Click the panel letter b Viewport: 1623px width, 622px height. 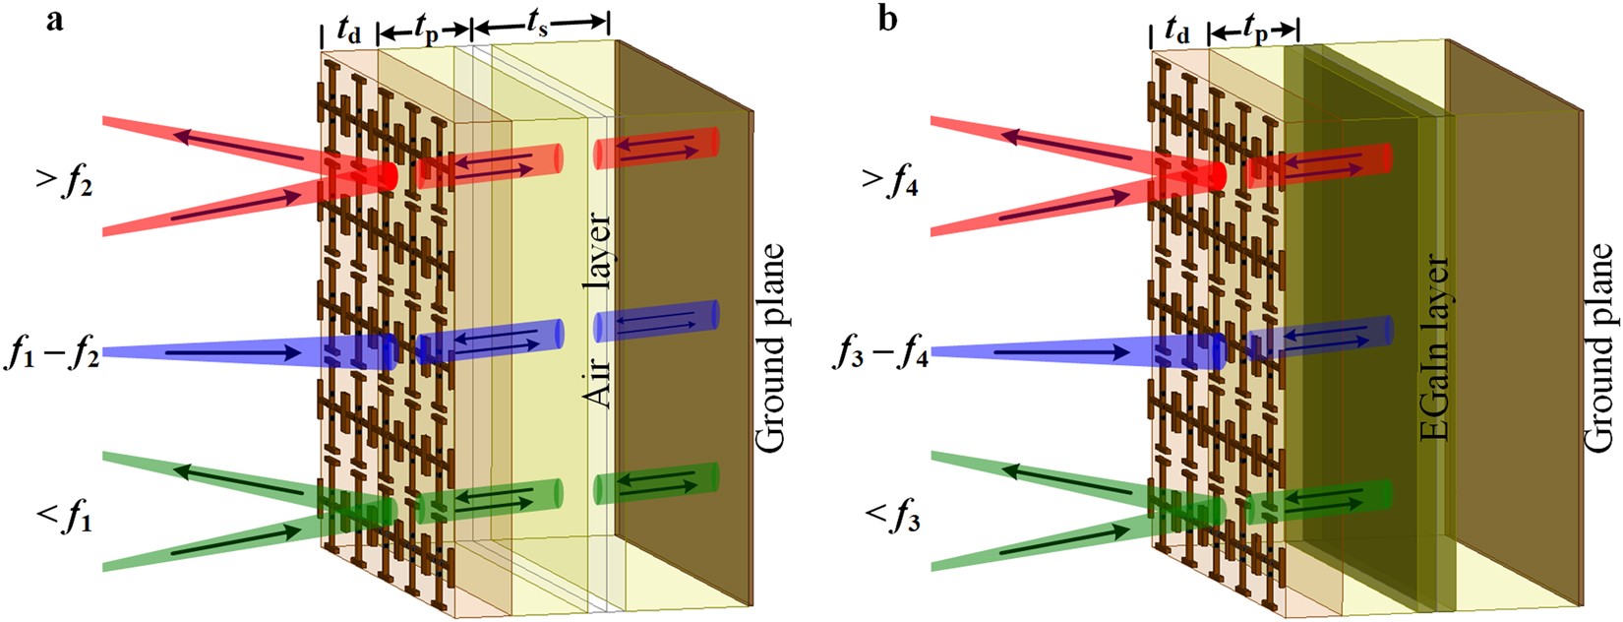(888, 20)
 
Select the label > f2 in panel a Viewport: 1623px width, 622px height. (64, 183)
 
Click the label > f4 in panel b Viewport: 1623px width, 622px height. (890, 183)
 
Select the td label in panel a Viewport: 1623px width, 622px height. (348, 31)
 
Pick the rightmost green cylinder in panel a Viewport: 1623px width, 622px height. (656, 483)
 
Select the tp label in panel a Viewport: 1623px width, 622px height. (426, 31)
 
